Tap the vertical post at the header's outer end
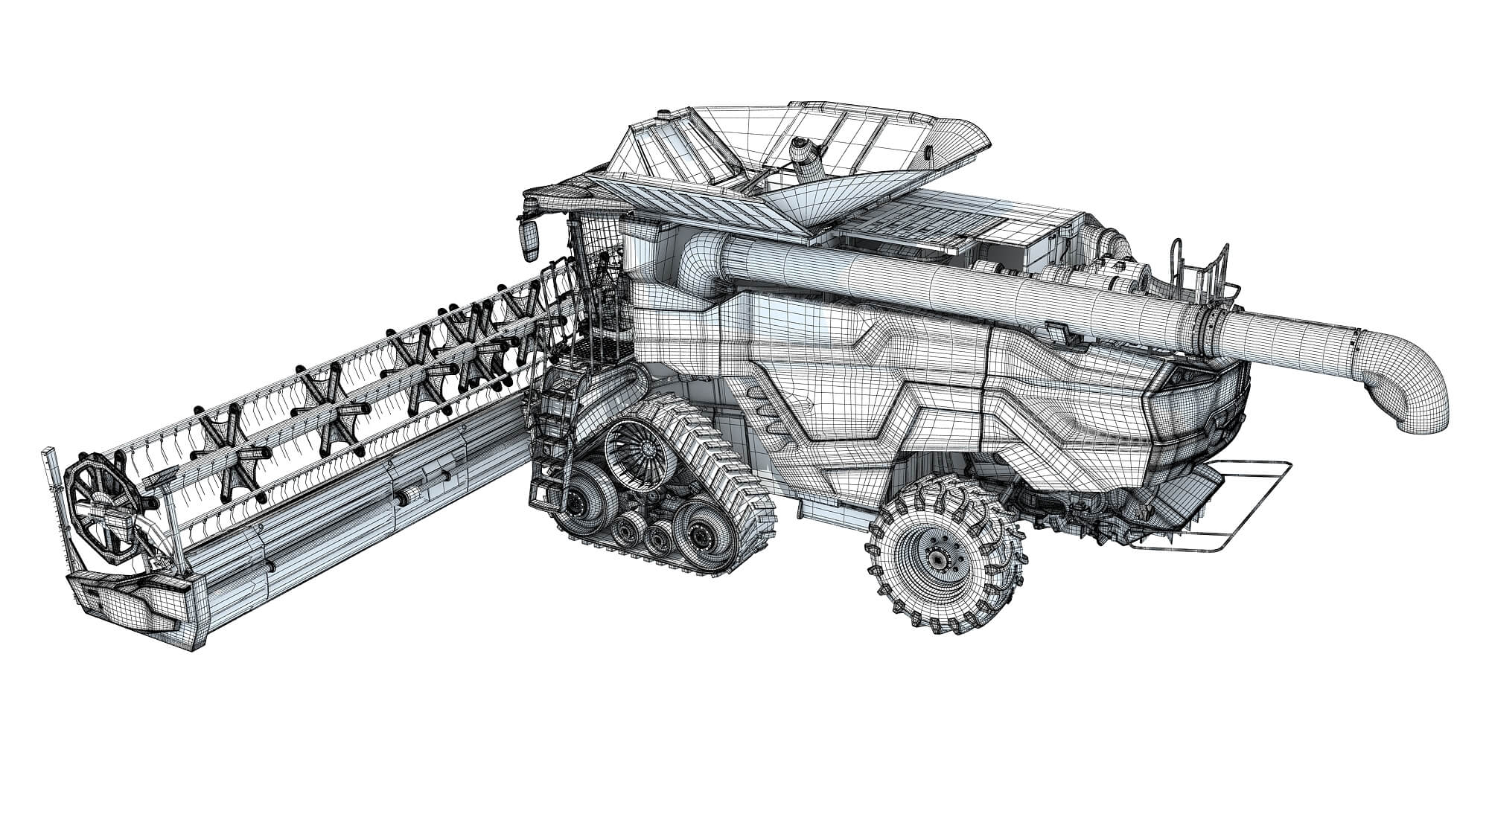tap(53, 506)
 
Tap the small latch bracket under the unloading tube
tap(1057, 332)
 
